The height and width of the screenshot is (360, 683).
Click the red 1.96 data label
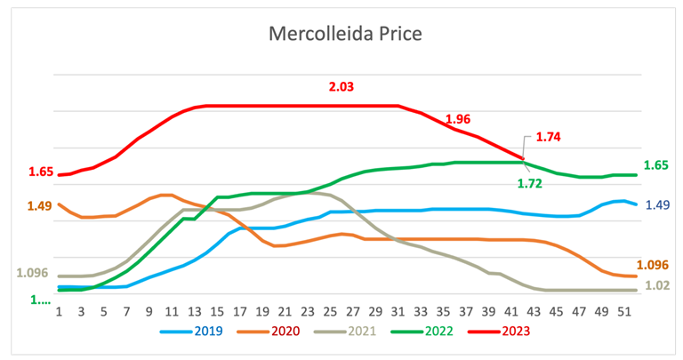coord(457,119)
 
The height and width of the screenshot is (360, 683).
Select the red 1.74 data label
coord(548,138)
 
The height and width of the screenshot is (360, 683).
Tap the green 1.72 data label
coord(531,183)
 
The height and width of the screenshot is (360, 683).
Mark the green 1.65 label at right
coord(655,164)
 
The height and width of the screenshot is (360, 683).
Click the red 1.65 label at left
coord(41,172)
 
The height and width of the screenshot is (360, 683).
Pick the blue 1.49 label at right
coord(655,204)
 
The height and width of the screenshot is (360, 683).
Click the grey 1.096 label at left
coord(33,274)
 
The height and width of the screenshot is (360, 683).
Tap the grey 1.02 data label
coord(655,285)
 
